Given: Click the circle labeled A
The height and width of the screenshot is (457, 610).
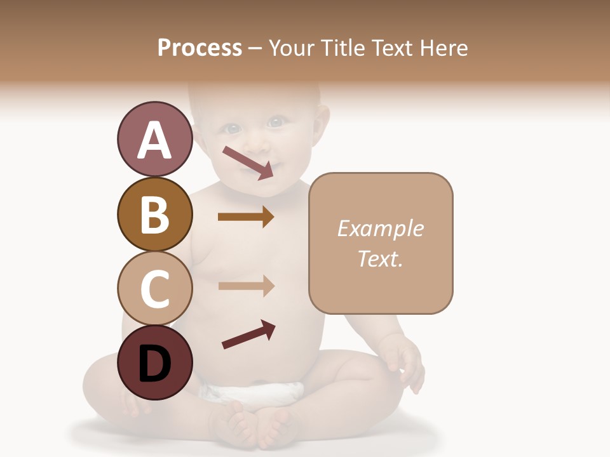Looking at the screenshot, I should [x=154, y=140].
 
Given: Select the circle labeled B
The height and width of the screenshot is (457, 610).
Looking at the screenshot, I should [x=154, y=214].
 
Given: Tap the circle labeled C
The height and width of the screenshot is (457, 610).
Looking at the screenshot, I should [x=154, y=288].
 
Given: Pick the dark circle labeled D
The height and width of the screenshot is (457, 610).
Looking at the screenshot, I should [x=154, y=362].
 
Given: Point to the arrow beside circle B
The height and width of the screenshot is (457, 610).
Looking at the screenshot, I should [x=246, y=217].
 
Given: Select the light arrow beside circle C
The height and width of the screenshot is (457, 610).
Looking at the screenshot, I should [x=246, y=286].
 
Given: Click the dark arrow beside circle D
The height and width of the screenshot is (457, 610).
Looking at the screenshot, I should [x=248, y=334].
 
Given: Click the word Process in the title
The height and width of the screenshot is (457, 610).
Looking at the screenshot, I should [x=200, y=48].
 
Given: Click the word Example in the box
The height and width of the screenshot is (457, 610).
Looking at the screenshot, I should [x=380, y=229].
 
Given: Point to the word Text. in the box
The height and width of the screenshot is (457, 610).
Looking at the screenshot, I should [x=380, y=258].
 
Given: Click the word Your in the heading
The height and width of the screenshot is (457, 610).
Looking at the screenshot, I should [x=290, y=48].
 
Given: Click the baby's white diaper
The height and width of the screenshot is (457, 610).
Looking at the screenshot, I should [x=254, y=392].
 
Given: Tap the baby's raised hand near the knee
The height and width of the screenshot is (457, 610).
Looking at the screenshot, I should [x=404, y=362].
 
